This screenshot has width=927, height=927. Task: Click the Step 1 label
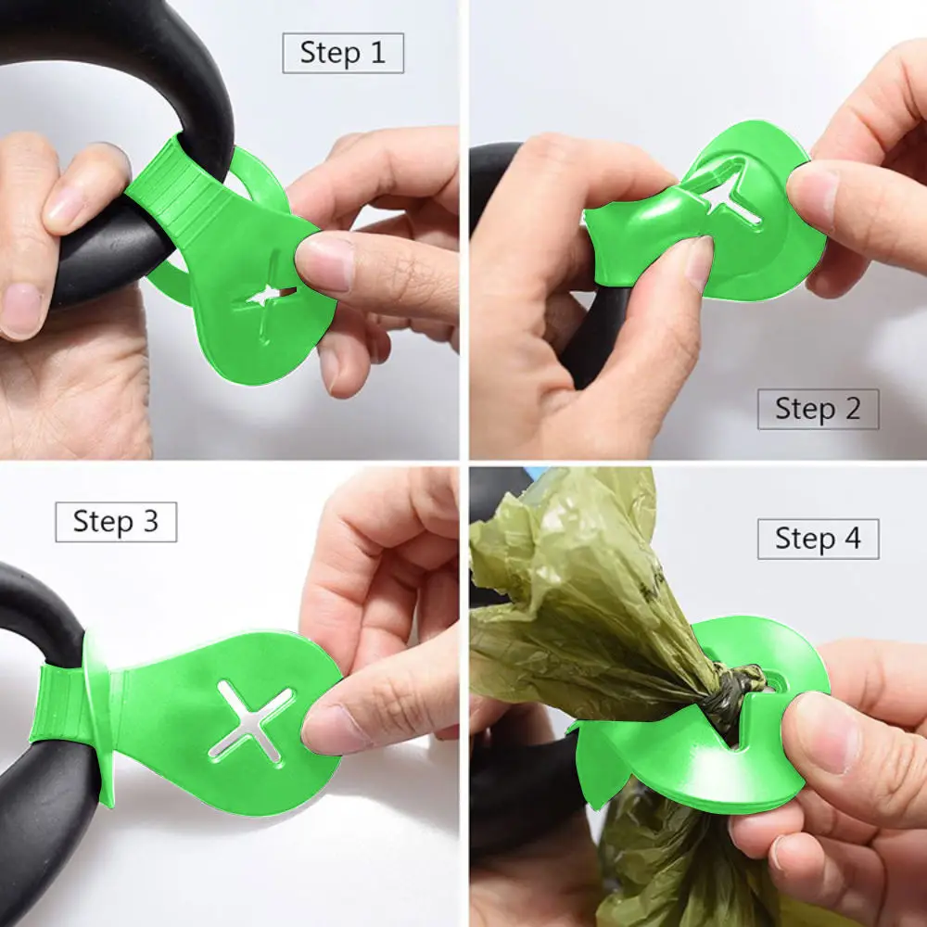point(343,53)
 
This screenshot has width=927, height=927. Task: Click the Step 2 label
point(818,409)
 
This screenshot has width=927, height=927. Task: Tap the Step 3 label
point(116,522)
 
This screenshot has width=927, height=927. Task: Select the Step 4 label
point(818,539)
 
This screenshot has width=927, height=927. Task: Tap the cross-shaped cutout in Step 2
point(728,192)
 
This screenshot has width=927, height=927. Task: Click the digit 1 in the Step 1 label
point(377,53)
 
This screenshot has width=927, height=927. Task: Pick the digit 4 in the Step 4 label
point(851,539)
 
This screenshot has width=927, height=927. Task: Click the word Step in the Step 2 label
point(799,409)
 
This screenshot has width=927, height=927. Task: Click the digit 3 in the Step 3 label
point(149,522)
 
